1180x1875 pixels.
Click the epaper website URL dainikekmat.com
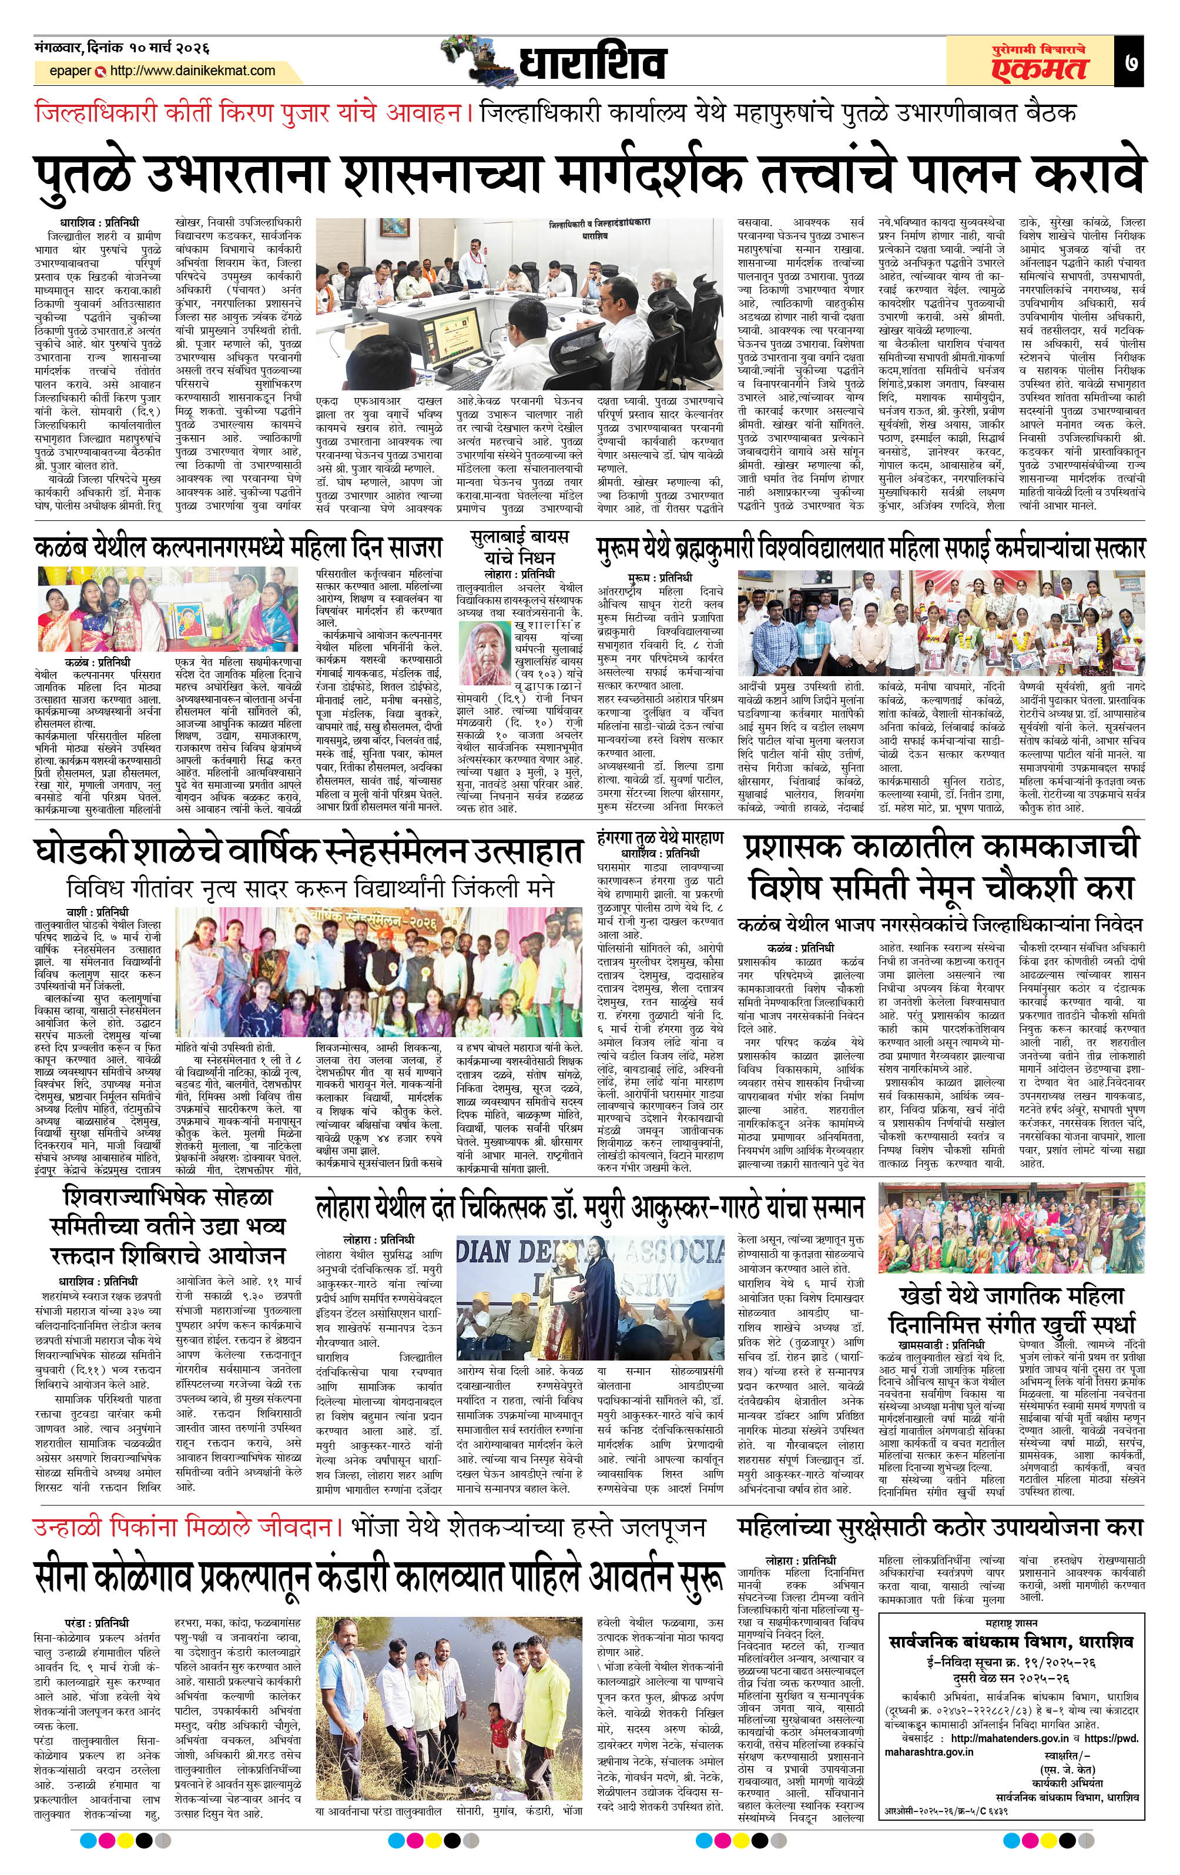point(192,71)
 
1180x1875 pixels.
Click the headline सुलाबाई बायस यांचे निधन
point(519,547)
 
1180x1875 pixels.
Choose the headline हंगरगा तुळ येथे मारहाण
point(660,838)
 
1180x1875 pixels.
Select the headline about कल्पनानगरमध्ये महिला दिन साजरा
point(238,547)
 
